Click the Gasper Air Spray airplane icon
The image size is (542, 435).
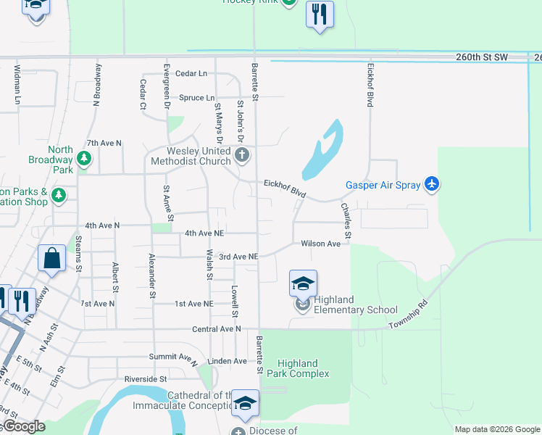point(432,184)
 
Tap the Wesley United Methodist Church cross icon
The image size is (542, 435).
point(243,154)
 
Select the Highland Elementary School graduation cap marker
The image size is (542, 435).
point(303,283)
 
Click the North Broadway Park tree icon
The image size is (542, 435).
point(85,157)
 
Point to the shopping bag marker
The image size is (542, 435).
point(52,259)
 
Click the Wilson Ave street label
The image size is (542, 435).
point(320,244)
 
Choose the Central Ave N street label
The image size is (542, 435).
point(216,329)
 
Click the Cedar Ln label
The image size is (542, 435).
point(191,73)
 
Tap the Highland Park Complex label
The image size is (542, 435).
point(298,368)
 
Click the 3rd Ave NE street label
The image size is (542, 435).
point(238,257)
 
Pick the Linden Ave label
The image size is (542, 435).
point(227,361)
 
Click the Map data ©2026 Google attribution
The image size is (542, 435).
point(496,429)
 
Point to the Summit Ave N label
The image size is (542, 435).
point(173,357)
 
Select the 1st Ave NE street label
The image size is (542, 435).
point(193,304)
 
